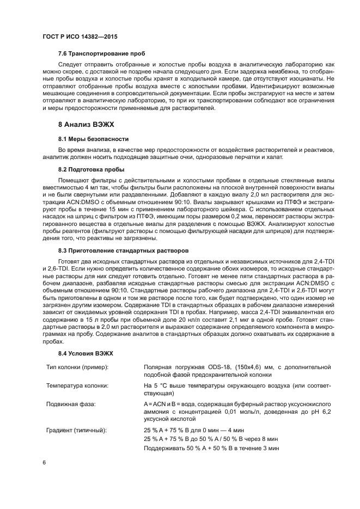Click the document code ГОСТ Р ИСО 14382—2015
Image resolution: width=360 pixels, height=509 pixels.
(x=80, y=36)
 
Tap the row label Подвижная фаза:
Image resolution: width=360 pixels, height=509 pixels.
(x=71, y=404)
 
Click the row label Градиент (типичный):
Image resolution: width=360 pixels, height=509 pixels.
(x=76, y=430)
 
